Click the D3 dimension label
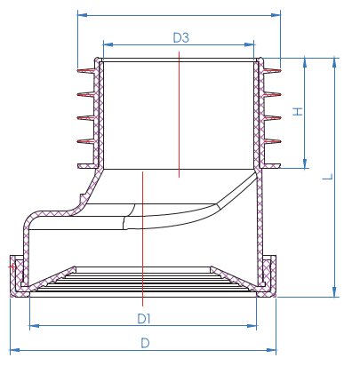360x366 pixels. pyautogui.click(x=180, y=37)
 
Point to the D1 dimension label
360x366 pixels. pyautogui.click(x=144, y=317)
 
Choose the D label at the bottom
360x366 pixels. pyautogui.click(x=144, y=342)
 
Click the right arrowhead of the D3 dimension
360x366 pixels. pyautogui.click(x=253, y=43)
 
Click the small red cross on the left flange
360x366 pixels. pyautogui.click(x=12, y=266)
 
